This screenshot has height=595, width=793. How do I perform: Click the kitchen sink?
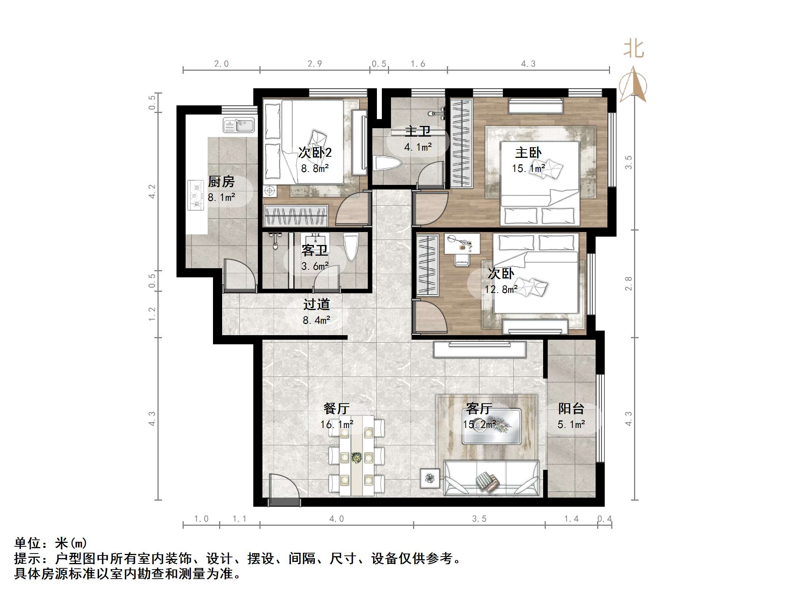coord(239,125)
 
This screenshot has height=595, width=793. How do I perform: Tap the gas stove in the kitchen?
coord(197,196)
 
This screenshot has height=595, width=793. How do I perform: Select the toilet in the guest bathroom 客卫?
coord(351,247)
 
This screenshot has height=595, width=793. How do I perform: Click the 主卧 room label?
coord(528,153)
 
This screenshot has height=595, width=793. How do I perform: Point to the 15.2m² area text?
coord(479,424)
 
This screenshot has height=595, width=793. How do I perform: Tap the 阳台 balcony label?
coord(571,409)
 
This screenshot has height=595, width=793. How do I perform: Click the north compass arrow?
coord(633,84)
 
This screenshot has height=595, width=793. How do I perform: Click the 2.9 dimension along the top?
coord(315,64)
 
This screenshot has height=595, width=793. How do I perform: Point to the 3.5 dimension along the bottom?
coord(479,519)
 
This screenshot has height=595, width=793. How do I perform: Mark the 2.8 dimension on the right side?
coord(628,283)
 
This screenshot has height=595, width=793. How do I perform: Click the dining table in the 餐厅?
coord(356,456)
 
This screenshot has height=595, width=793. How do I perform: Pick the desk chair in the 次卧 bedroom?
coord(462,260)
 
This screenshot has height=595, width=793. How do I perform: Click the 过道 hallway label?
coord(316,304)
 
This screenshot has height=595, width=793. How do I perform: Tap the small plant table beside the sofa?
coord(430,478)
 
